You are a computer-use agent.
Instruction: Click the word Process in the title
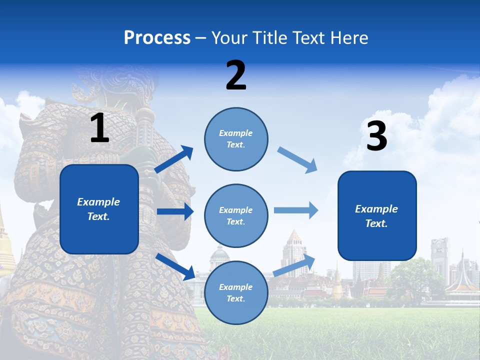157,37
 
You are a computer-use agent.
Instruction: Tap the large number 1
99,128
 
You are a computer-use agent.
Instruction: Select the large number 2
236,75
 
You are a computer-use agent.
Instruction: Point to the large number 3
376,136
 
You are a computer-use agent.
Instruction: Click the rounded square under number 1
99,209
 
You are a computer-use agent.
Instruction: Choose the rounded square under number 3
377,215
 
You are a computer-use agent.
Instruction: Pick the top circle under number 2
236,139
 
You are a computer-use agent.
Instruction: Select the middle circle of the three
236,215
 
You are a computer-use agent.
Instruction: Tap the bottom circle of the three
236,292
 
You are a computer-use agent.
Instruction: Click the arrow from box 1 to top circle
174,159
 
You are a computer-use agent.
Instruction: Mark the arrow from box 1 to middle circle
175,211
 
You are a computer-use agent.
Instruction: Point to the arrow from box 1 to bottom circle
175,266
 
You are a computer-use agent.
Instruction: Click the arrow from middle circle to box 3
296,210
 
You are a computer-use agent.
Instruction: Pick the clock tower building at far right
440,257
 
